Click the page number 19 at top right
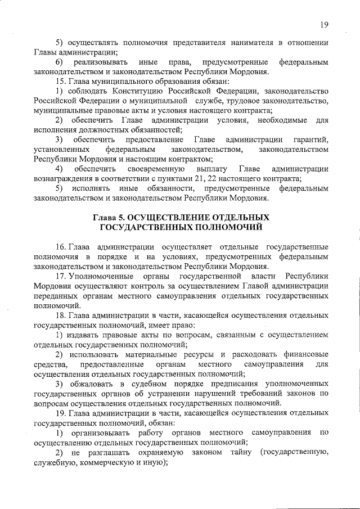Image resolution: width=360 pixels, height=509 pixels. coord(324,24)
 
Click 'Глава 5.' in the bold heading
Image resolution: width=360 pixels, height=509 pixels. coord(109,217)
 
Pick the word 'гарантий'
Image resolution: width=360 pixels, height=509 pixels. coord(313,139)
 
